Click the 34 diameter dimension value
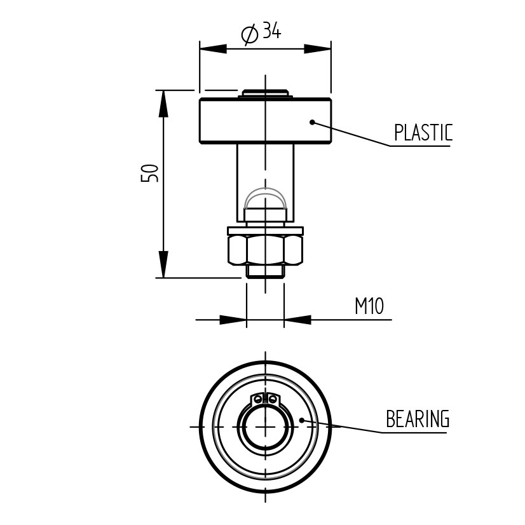pos(271,30)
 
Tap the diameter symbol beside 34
pos(250,34)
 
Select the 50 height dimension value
pos(149,173)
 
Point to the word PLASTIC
pos(423,132)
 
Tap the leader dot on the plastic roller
pos(312,122)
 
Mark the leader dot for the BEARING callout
pos(301,420)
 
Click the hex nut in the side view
pos(266,250)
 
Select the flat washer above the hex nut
pos(266,231)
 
